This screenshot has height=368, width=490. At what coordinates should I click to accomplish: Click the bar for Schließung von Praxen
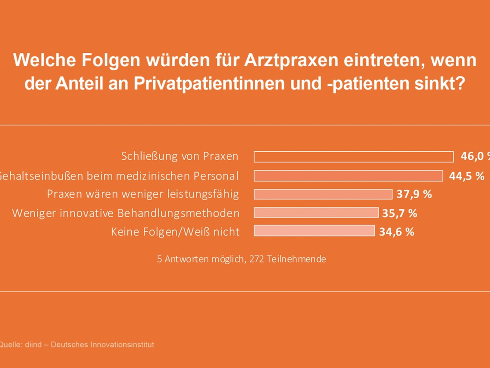[x=354, y=157]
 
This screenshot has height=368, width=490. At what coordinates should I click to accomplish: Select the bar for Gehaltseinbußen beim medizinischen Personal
[x=348, y=176]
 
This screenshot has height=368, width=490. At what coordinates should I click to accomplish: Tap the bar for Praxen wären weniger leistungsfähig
[x=323, y=194]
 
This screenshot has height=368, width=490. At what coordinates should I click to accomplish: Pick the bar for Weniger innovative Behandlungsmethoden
[x=316, y=213]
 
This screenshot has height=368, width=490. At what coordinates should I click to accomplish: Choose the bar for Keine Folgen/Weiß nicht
[x=314, y=231]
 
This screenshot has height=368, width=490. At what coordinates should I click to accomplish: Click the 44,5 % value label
[x=467, y=176]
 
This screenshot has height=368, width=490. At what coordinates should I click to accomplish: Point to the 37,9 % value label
[x=414, y=194]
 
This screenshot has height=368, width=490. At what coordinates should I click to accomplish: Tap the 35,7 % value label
[x=399, y=213]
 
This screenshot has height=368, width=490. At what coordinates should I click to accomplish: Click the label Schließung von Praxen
[x=180, y=156]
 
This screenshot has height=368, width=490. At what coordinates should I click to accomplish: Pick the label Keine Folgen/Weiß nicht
[x=175, y=232]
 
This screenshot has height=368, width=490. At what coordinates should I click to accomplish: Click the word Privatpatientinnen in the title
[x=223, y=84]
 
